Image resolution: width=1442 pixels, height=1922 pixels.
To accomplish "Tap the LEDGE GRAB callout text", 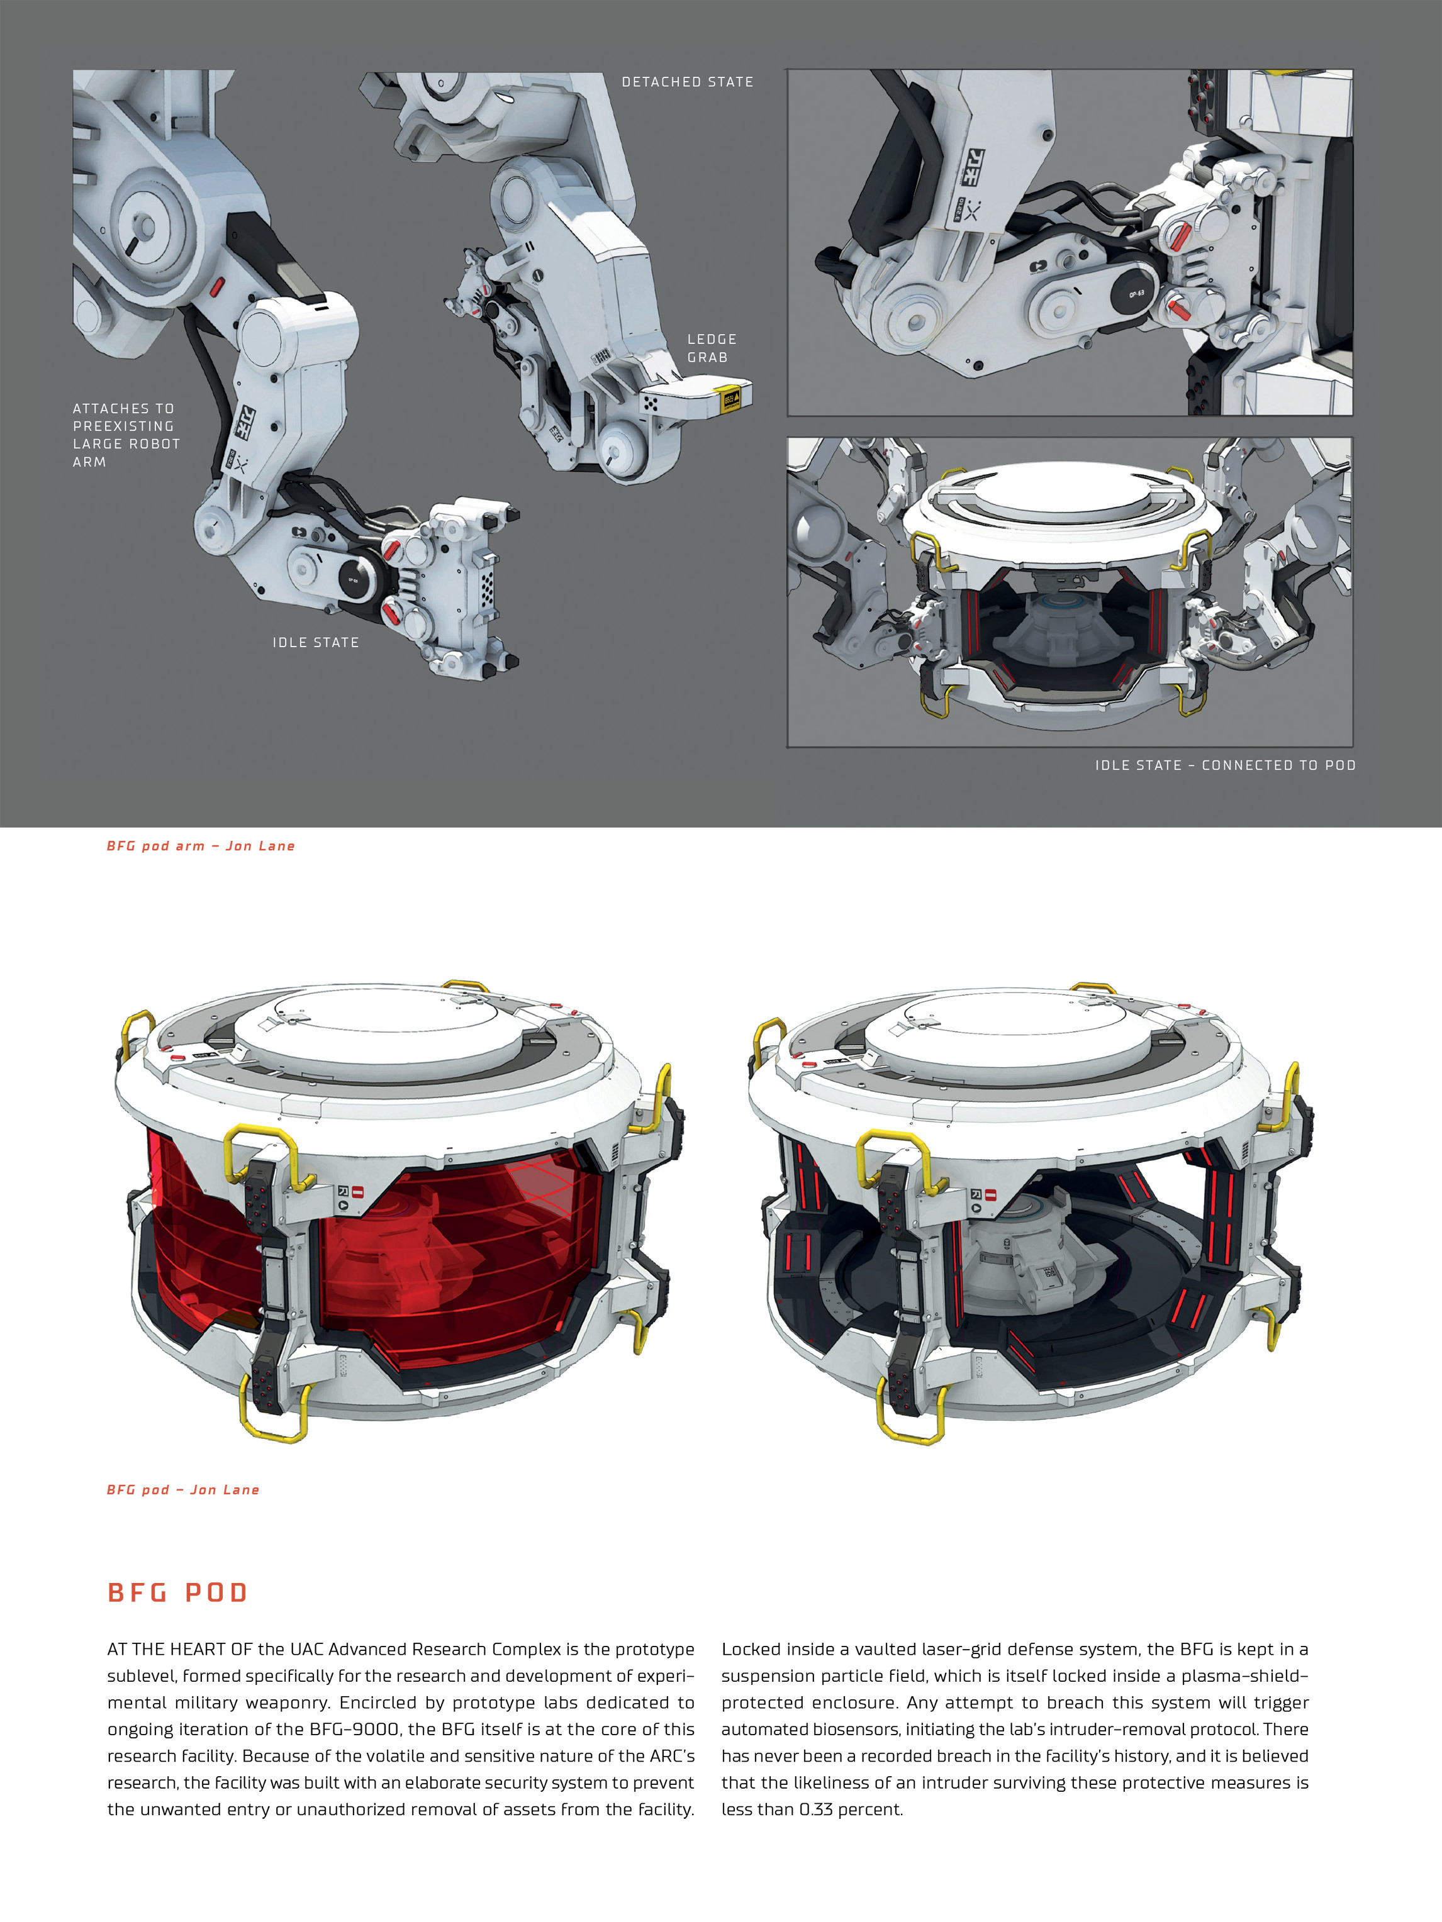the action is (x=712, y=348).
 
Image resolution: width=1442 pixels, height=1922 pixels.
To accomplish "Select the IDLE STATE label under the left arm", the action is (x=316, y=642).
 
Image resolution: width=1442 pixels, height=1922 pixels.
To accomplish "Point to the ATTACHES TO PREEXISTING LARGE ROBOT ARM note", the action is (x=126, y=435).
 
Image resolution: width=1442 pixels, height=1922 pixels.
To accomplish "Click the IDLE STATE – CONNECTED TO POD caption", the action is (x=1225, y=765).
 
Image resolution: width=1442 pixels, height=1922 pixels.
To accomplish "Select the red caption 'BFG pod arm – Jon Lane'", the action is (x=201, y=845).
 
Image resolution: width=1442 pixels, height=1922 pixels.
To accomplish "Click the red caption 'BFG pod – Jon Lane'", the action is (x=182, y=1489).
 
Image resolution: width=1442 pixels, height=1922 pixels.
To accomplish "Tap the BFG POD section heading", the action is (x=178, y=1592).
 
